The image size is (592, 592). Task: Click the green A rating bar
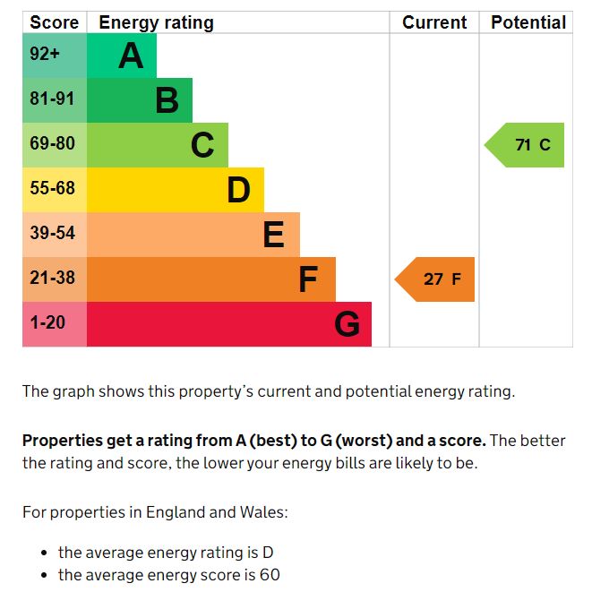click(x=121, y=56)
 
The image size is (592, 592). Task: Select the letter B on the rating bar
click(x=167, y=100)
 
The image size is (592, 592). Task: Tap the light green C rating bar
click(x=157, y=145)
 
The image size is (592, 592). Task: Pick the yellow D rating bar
click(x=175, y=190)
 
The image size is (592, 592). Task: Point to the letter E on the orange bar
click(x=273, y=235)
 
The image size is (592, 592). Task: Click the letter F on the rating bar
click(x=307, y=279)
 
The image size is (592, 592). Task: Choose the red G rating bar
click(x=228, y=324)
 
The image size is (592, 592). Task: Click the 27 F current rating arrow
click(x=436, y=279)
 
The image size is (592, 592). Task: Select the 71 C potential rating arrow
click(x=526, y=145)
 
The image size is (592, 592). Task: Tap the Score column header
click(x=55, y=22)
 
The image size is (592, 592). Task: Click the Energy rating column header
click(x=156, y=22)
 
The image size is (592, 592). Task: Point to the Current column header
click(x=434, y=22)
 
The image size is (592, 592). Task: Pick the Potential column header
click(x=528, y=22)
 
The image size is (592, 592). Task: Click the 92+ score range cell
click(x=45, y=55)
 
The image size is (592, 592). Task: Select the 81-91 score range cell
click(x=52, y=99)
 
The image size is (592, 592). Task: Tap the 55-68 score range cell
click(x=52, y=189)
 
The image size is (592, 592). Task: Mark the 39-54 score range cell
click(x=52, y=234)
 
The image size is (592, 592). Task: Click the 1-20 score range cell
click(x=47, y=322)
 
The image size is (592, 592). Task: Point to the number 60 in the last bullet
click(x=270, y=575)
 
